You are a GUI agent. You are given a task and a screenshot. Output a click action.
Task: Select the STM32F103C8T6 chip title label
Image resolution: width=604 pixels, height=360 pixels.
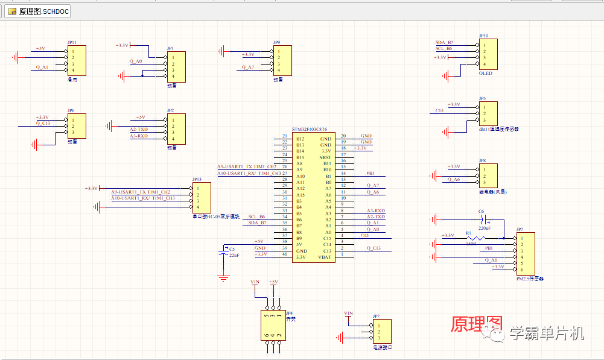coord(310,129)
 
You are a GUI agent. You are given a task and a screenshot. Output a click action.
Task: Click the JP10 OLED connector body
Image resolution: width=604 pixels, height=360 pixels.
coord(489,54)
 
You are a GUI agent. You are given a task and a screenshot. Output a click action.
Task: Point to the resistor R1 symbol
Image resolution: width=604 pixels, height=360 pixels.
coord(472,239)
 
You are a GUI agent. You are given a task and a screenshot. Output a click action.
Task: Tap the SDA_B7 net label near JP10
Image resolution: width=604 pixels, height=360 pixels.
coord(444,43)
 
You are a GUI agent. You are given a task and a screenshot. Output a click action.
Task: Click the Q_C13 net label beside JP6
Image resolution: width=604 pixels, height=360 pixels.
coord(43,123)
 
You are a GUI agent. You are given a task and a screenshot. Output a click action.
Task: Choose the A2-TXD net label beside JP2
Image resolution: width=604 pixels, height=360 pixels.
coord(139,129)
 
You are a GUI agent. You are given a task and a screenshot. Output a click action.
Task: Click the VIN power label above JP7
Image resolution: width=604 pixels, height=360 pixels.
coord(348,313)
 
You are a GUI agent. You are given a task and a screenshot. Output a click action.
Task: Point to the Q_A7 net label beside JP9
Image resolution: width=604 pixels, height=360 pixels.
coord(248,68)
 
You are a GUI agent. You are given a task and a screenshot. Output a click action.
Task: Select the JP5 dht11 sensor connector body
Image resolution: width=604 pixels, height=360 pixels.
coord(489,113)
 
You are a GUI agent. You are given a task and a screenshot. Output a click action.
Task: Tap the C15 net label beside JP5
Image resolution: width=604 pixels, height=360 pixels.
coord(439,111)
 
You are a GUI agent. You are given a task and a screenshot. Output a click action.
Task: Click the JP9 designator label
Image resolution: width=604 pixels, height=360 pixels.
coord(276,43)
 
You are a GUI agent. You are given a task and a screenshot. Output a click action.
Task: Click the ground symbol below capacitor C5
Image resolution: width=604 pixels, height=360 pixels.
coord(223,278)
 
